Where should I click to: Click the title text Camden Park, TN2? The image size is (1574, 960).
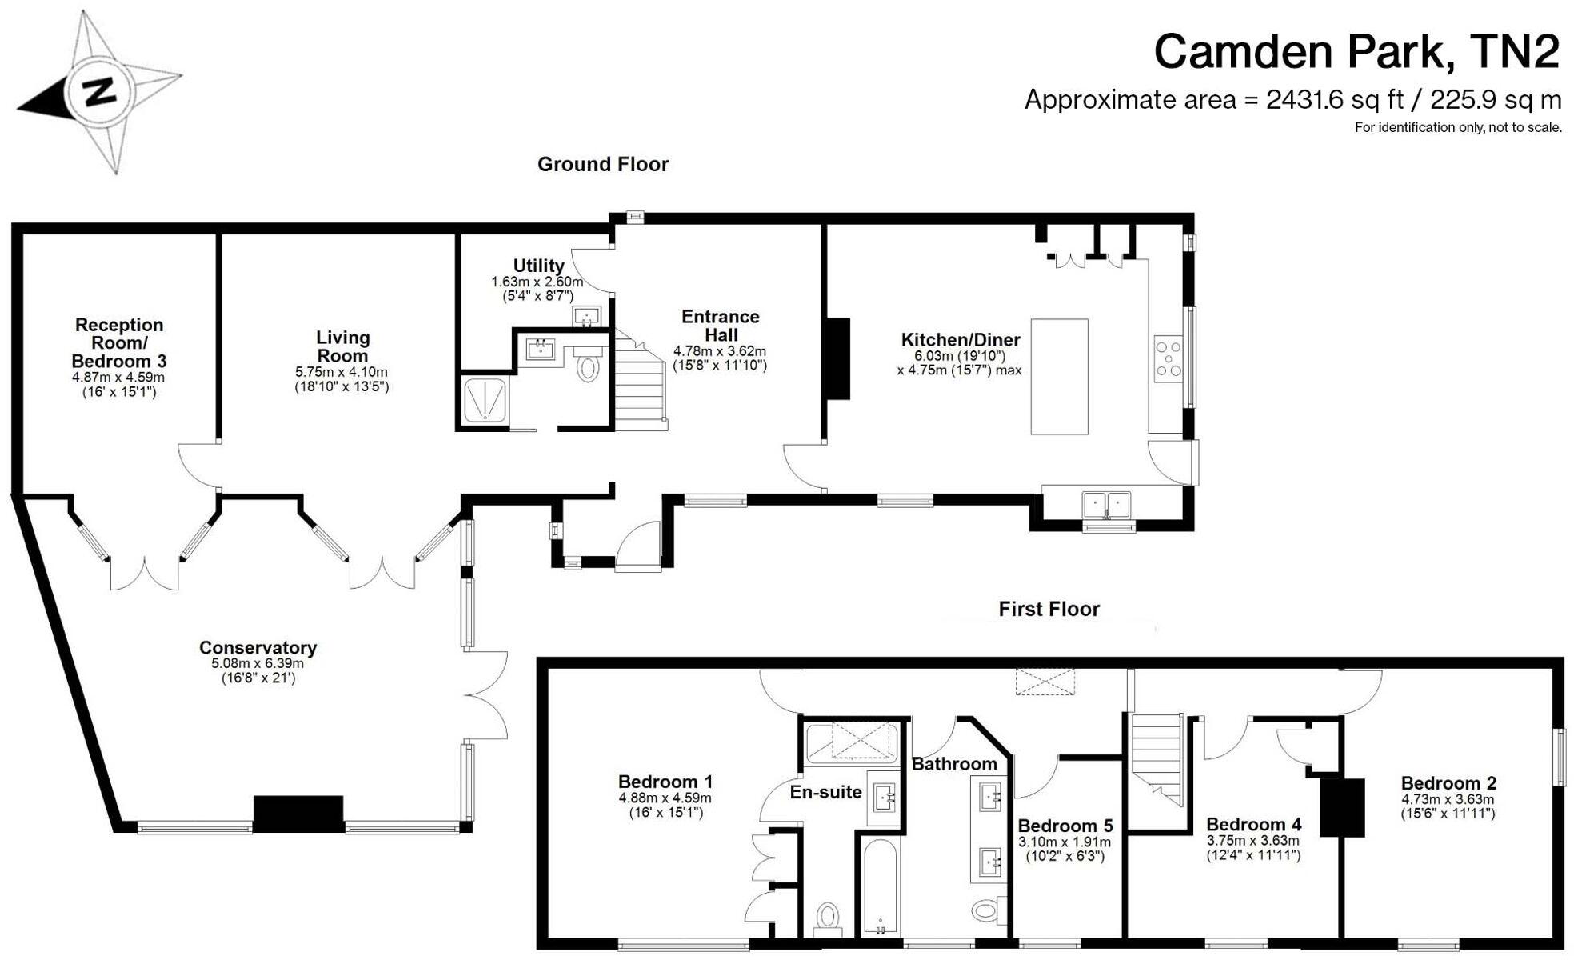click(1356, 52)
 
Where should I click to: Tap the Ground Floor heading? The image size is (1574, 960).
click(602, 164)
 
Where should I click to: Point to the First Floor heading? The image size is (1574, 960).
click(1049, 609)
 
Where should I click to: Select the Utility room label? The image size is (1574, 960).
click(538, 266)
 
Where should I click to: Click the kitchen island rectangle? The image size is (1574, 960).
click(1059, 376)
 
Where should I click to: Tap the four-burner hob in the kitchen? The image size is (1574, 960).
click(1168, 358)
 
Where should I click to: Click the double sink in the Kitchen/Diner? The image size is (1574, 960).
click(1106, 505)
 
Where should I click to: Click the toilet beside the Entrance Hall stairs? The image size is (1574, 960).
click(588, 368)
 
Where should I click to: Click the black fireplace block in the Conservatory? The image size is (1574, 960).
click(298, 814)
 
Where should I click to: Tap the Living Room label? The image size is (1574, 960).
click(342, 346)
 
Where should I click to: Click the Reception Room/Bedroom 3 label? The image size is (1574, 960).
click(118, 342)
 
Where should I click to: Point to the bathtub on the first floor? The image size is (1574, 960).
click(880, 886)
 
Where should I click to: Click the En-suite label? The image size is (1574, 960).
click(825, 792)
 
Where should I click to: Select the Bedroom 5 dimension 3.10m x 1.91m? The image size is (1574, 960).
click(1064, 842)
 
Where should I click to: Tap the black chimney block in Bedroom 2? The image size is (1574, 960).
click(1341, 806)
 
